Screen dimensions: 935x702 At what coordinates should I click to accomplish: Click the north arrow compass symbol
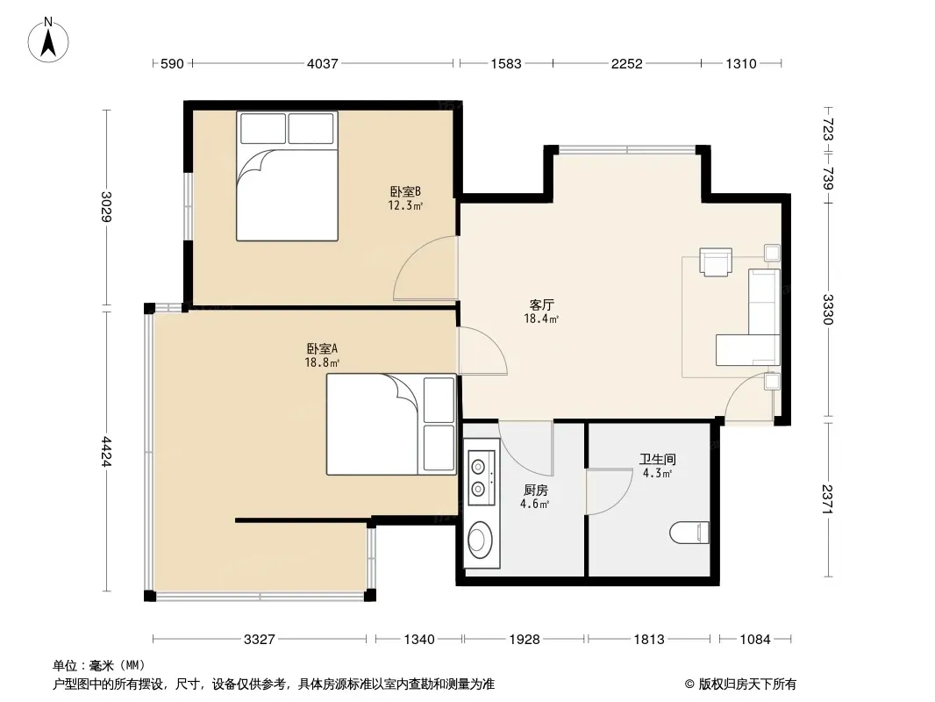tap(48, 40)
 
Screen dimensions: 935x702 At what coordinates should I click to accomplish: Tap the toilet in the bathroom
tap(689, 532)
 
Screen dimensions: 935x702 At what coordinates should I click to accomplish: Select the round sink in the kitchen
tap(480, 539)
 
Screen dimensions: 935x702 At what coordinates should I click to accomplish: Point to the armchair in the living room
tap(716, 262)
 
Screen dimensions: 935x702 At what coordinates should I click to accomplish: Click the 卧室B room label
tap(405, 191)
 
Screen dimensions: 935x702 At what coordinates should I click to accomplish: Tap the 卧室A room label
tap(322, 348)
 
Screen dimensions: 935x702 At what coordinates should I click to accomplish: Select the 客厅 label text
tap(541, 304)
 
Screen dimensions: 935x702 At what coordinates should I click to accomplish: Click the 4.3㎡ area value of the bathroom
tap(657, 474)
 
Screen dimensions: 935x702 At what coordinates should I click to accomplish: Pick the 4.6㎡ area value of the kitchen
tap(534, 504)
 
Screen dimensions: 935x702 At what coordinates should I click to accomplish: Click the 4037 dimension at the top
tap(323, 63)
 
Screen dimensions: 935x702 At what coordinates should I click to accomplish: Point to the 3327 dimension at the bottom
tap(260, 640)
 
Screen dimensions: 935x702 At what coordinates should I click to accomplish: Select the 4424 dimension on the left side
tap(106, 452)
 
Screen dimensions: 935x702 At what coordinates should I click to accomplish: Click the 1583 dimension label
tap(506, 63)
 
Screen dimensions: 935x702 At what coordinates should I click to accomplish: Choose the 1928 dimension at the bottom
tap(525, 640)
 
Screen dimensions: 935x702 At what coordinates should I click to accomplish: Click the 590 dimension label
tap(172, 63)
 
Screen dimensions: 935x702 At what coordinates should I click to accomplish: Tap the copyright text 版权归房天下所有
tap(747, 684)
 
